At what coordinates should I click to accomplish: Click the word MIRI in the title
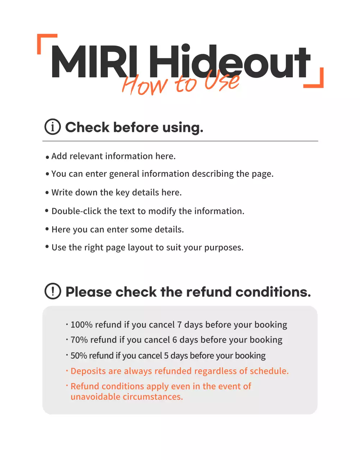click(x=92, y=62)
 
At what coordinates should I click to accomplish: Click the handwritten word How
click(x=144, y=85)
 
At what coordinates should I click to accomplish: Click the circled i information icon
click(x=53, y=127)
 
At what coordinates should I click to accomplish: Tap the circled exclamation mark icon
click(x=53, y=291)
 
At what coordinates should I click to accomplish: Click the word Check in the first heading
click(x=87, y=127)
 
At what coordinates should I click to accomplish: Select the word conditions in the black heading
click(x=273, y=292)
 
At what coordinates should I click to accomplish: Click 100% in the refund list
click(x=81, y=325)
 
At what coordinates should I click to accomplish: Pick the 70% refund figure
click(x=79, y=340)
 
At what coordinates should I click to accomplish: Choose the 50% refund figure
click(x=79, y=356)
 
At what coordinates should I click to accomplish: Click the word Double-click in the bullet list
click(x=76, y=211)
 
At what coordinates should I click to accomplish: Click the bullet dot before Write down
click(x=47, y=193)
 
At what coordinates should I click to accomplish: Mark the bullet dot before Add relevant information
click(x=47, y=157)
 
